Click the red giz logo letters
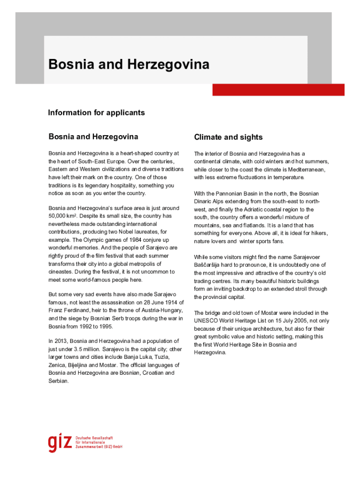[x=59, y=443]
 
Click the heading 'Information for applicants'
[x=97, y=113]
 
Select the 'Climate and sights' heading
[x=228, y=137]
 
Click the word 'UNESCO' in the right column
[x=206, y=321]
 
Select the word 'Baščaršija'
[x=209, y=265]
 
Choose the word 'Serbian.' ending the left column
[x=58, y=381]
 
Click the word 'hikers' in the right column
[x=319, y=233]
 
